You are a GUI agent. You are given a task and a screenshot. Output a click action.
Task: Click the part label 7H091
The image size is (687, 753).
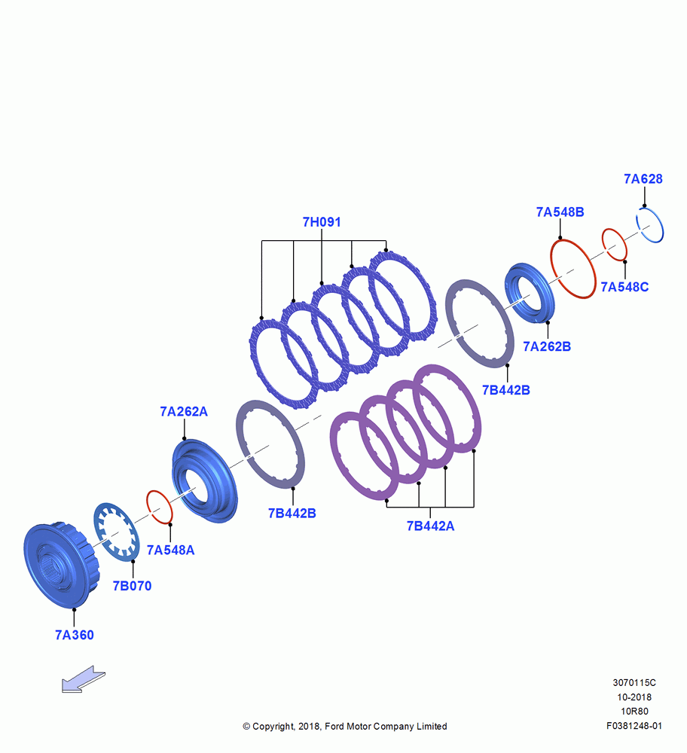pyautogui.click(x=322, y=222)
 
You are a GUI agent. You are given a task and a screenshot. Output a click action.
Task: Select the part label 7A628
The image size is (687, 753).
pyautogui.click(x=643, y=178)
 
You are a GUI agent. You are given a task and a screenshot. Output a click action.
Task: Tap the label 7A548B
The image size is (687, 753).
pyautogui.click(x=560, y=212)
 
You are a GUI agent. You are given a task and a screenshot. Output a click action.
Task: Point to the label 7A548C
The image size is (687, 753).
pyautogui.click(x=624, y=287)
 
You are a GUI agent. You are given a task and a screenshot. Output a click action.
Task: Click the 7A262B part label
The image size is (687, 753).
pyautogui.click(x=547, y=346)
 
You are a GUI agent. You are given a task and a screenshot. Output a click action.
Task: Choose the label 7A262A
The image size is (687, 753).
pyautogui.click(x=184, y=412)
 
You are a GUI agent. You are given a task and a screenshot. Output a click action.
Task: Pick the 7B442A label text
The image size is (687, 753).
pyautogui.click(x=430, y=526)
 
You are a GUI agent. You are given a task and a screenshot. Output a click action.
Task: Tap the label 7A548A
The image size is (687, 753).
pyautogui.click(x=170, y=550)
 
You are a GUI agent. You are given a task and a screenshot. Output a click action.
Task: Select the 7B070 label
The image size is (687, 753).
pyautogui.click(x=132, y=586)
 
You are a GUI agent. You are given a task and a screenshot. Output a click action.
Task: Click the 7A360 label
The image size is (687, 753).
pyautogui.click(x=75, y=635)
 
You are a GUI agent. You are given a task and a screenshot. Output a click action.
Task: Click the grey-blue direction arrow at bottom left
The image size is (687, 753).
pyautogui.click(x=83, y=679)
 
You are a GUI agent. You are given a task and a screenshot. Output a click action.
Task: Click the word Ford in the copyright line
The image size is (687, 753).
pyautogui.click(x=335, y=726)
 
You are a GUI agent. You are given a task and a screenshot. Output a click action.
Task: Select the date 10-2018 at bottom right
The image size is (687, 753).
pyautogui.click(x=634, y=697)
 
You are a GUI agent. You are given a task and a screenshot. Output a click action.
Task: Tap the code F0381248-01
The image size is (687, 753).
pyautogui.click(x=634, y=726)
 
